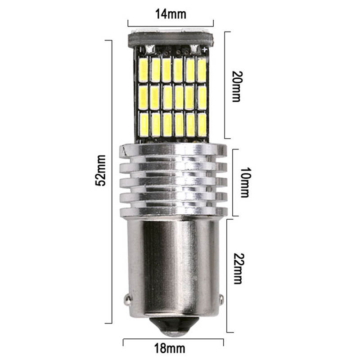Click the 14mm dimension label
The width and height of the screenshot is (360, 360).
tap(171, 14)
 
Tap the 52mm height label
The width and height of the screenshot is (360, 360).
tap(100, 170)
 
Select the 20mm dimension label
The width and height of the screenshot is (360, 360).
tap(238, 86)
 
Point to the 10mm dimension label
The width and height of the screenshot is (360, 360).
tap(245, 182)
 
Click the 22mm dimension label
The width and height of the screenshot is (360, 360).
tap(238, 269)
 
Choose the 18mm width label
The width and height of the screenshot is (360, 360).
tap(170, 348)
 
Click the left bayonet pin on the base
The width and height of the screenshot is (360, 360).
tap(127, 299)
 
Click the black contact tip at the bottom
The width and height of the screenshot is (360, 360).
tap(175, 326)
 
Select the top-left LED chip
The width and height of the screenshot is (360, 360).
tap(144, 70)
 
